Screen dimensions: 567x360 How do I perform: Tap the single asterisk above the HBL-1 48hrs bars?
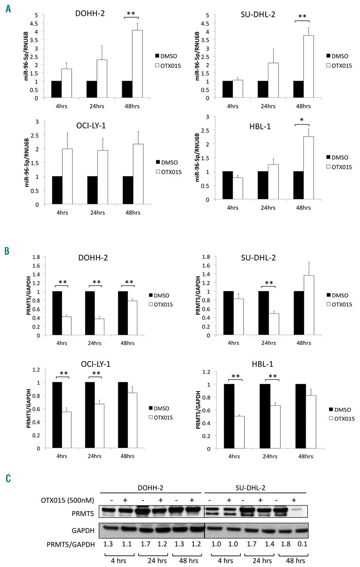tap(303, 121)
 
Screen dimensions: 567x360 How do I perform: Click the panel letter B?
tap(8, 250)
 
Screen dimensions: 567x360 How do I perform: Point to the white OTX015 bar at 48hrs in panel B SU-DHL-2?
tap(308, 305)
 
